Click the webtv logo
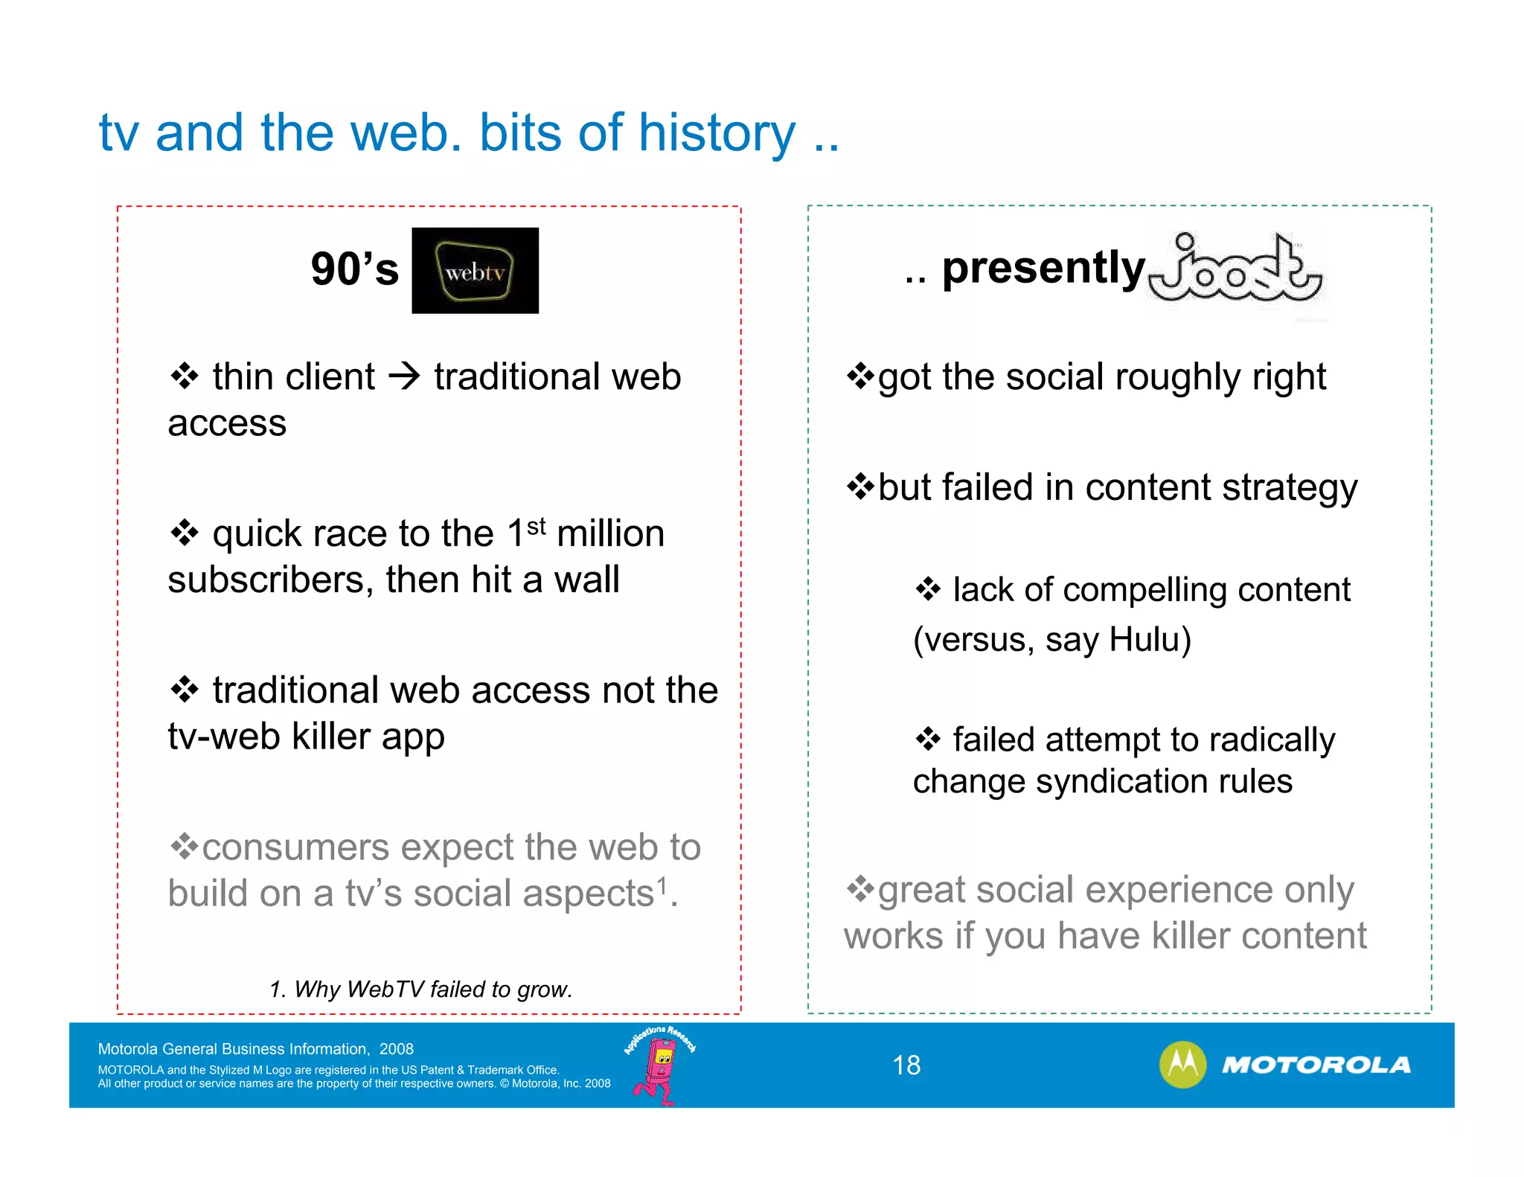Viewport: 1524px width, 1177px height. (x=475, y=271)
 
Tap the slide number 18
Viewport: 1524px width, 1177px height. (x=906, y=1065)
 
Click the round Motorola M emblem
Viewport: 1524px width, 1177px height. (x=1182, y=1065)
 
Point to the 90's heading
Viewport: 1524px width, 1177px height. (x=355, y=269)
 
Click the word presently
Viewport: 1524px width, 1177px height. (x=1043, y=268)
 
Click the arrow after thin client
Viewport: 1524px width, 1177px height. (x=405, y=376)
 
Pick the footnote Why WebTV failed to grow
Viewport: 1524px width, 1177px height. (x=421, y=990)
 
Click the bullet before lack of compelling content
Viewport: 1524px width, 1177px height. (x=928, y=590)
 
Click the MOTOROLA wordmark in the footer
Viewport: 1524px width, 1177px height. (x=1316, y=1065)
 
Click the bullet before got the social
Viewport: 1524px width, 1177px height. (x=860, y=376)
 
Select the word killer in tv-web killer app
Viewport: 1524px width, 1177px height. (x=331, y=737)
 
